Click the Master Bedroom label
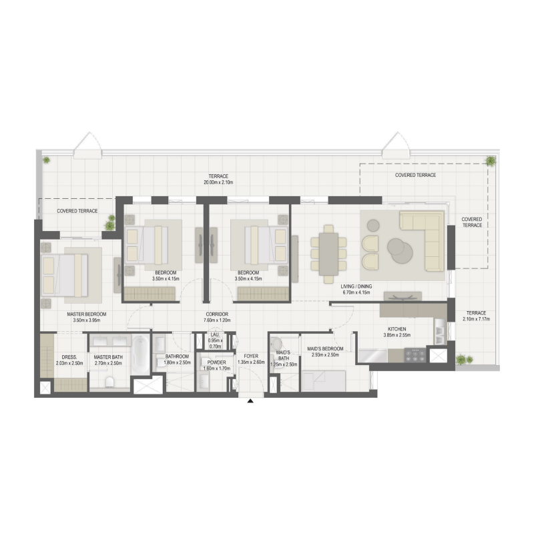[x=85, y=314]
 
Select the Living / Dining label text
[x=356, y=286]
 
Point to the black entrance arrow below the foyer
[x=250, y=401]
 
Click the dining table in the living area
[x=328, y=250]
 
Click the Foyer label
[x=250, y=356]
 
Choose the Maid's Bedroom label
[x=326, y=348]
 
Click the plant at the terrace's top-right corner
[x=491, y=161]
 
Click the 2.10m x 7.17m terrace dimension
[x=476, y=319]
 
